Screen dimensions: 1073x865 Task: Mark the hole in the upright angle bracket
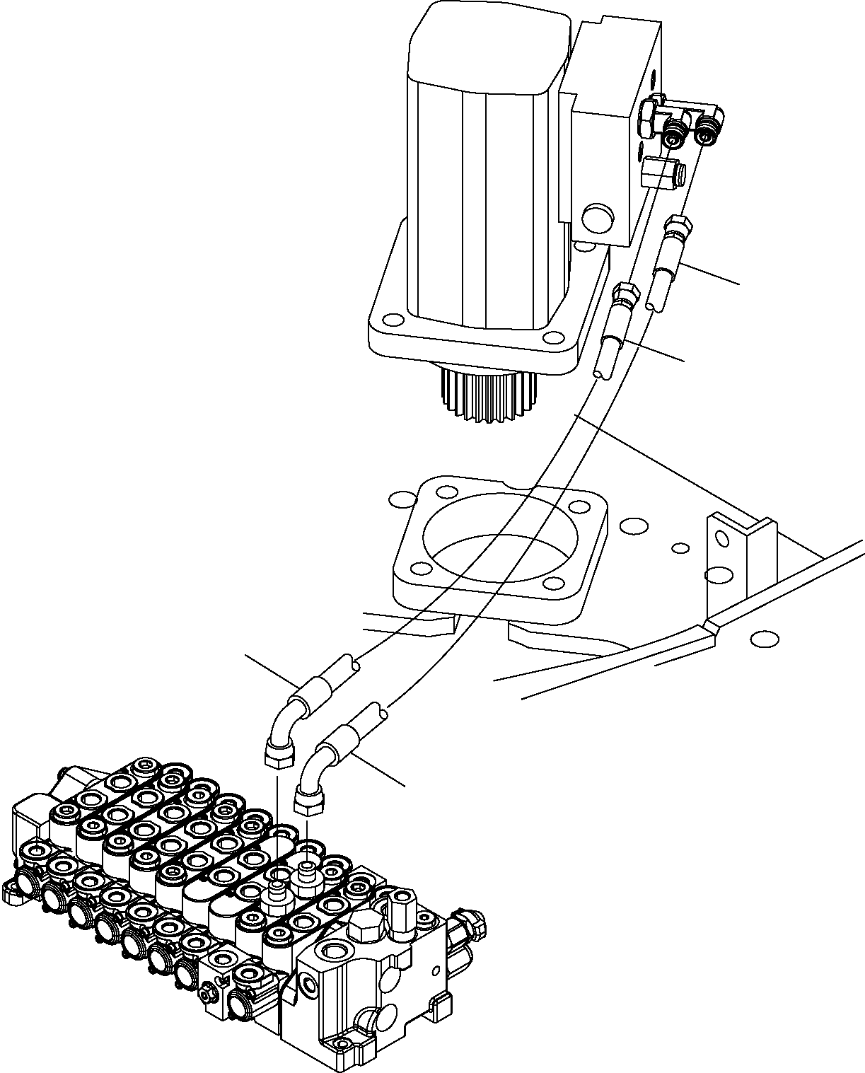click(x=721, y=539)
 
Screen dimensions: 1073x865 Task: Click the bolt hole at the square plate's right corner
click(x=579, y=506)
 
